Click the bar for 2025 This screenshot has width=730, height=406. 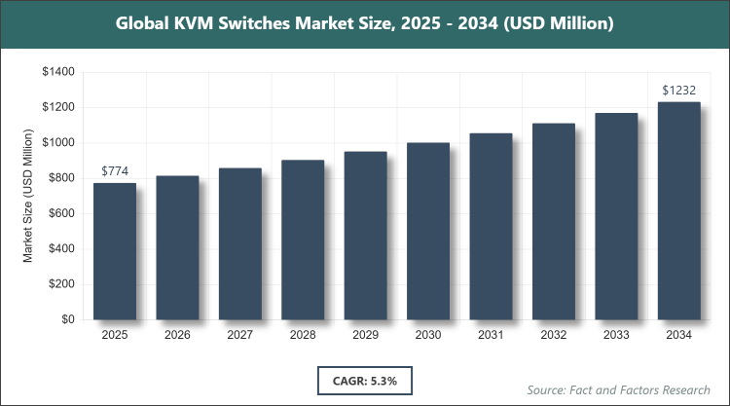(x=115, y=251)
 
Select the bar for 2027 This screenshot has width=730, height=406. (x=240, y=243)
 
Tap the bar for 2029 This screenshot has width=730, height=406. (x=366, y=236)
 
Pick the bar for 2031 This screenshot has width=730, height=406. (x=492, y=226)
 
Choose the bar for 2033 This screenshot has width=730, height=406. (x=617, y=216)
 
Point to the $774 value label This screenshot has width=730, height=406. (x=115, y=171)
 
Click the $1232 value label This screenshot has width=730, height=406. (x=679, y=91)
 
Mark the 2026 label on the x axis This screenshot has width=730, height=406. (x=177, y=335)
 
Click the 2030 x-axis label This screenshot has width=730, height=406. (x=428, y=335)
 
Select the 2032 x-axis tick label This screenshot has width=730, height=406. (x=554, y=335)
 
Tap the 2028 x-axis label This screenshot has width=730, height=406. (x=303, y=335)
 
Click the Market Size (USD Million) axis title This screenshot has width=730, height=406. (x=29, y=197)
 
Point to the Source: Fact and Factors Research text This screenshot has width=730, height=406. (x=618, y=389)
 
